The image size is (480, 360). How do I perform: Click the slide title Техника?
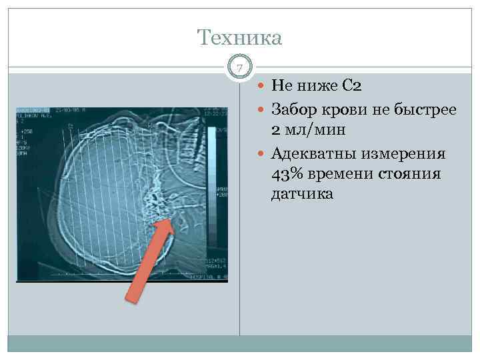coord(240,37)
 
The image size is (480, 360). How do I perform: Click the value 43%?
coord(286,174)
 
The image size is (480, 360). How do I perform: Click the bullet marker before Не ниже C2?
coord(260,86)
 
